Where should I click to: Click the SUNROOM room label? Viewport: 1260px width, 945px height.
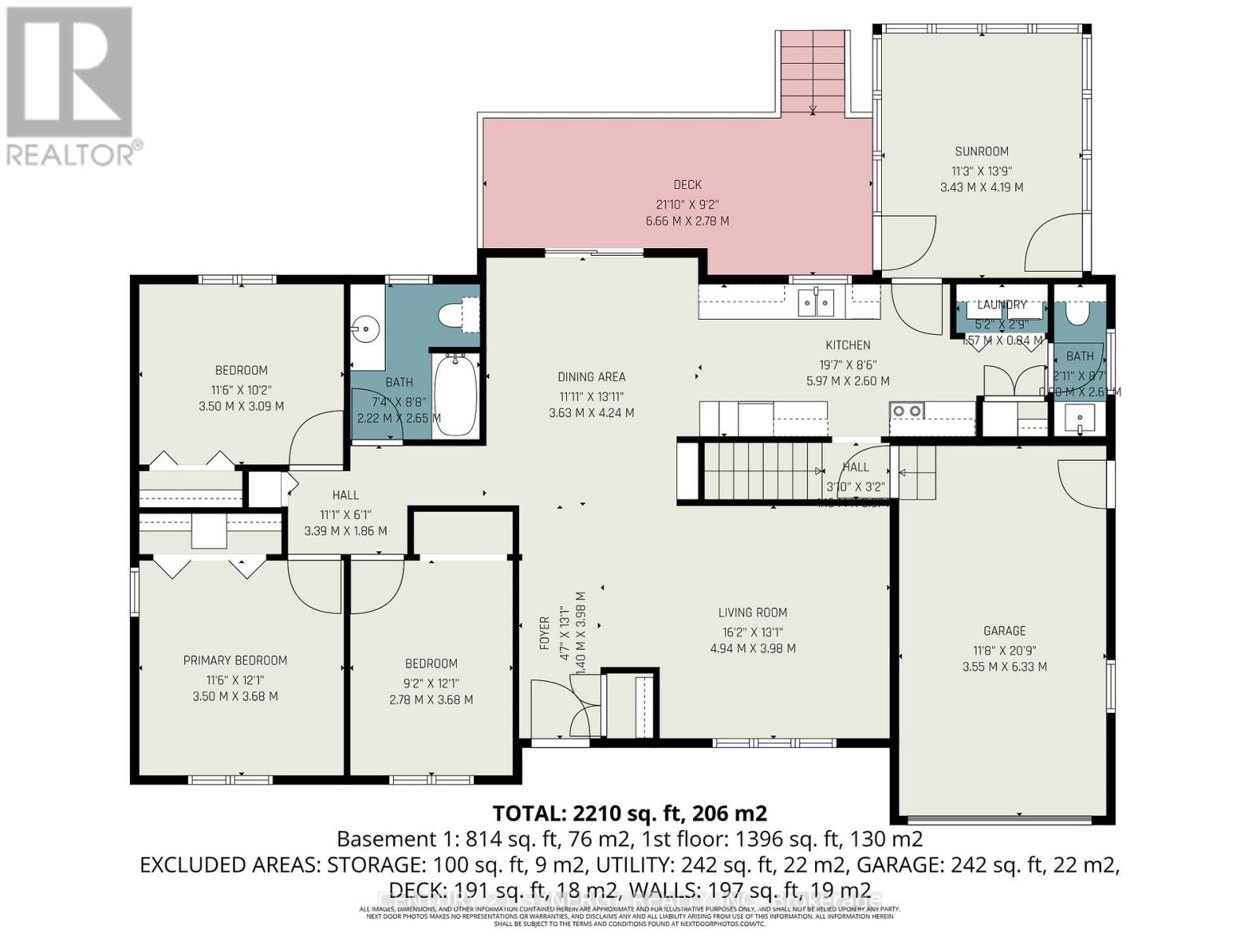click(981, 151)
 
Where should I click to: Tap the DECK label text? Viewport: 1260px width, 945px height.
click(687, 185)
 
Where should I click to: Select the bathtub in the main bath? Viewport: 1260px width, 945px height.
click(455, 394)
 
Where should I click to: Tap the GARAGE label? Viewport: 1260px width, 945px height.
click(1004, 631)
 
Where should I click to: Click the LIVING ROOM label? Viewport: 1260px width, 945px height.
click(752, 613)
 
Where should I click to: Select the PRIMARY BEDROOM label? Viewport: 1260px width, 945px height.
click(235, 661)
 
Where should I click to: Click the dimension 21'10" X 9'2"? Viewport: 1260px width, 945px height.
click(687, 204)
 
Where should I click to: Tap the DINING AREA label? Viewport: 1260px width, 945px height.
click(591, 377)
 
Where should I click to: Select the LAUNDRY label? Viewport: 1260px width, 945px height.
click(1002, 305)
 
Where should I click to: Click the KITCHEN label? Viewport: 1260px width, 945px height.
click(847, 345)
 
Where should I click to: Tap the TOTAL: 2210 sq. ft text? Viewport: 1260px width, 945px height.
click(629, 813)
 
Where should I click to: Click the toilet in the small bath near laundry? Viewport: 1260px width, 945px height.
click(1075, 313)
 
